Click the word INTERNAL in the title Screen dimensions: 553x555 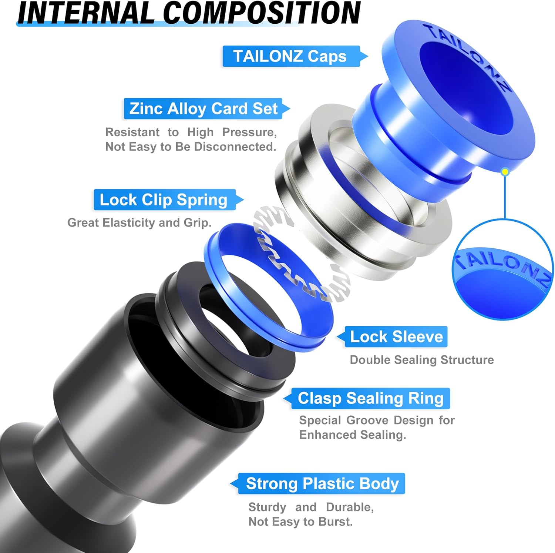(x=85, y=13)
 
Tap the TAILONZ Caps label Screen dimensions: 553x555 (x=290, y=56)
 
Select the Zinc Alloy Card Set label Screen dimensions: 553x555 (x=203, y=108)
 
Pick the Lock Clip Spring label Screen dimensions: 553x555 (x=164, y=200)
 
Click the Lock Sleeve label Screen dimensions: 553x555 (x=396, y=337)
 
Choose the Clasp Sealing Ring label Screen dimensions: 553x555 (x=370, y=398)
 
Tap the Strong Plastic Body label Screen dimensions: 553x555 (x=322, y=483)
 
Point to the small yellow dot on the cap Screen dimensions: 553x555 (x=505, y=172)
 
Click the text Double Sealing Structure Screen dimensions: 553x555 (x=421, y=360)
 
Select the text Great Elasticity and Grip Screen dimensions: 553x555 (x=139, y=223)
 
